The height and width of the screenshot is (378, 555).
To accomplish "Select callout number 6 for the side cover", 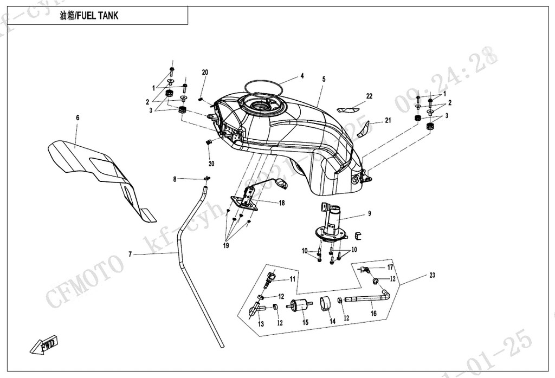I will point(78,118).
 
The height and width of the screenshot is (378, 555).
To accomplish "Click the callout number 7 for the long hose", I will point(130,253).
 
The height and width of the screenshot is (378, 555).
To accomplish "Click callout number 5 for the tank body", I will point(324,79).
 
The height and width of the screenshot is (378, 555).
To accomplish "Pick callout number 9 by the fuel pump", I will point(369,214).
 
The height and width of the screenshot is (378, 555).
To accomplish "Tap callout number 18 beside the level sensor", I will point(282,203).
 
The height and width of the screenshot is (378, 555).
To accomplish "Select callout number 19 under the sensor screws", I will point(225,245).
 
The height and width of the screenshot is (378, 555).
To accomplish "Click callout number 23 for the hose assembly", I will point(432,275).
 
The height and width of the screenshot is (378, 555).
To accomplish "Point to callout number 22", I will point(369,96).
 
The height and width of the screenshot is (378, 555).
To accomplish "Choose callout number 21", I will point(388,120).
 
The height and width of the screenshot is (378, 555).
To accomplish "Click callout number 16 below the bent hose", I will point(373,313).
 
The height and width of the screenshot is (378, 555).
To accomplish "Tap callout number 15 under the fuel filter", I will point(305,322).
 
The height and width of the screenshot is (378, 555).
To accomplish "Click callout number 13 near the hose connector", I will point(261,324).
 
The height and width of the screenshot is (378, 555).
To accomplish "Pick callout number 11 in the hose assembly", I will point(292,279).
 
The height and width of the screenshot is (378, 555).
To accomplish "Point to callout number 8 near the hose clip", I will point(175,179).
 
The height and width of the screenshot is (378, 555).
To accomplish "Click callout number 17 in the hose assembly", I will point(389,267).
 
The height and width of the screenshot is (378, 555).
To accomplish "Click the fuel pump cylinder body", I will point(332,219).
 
